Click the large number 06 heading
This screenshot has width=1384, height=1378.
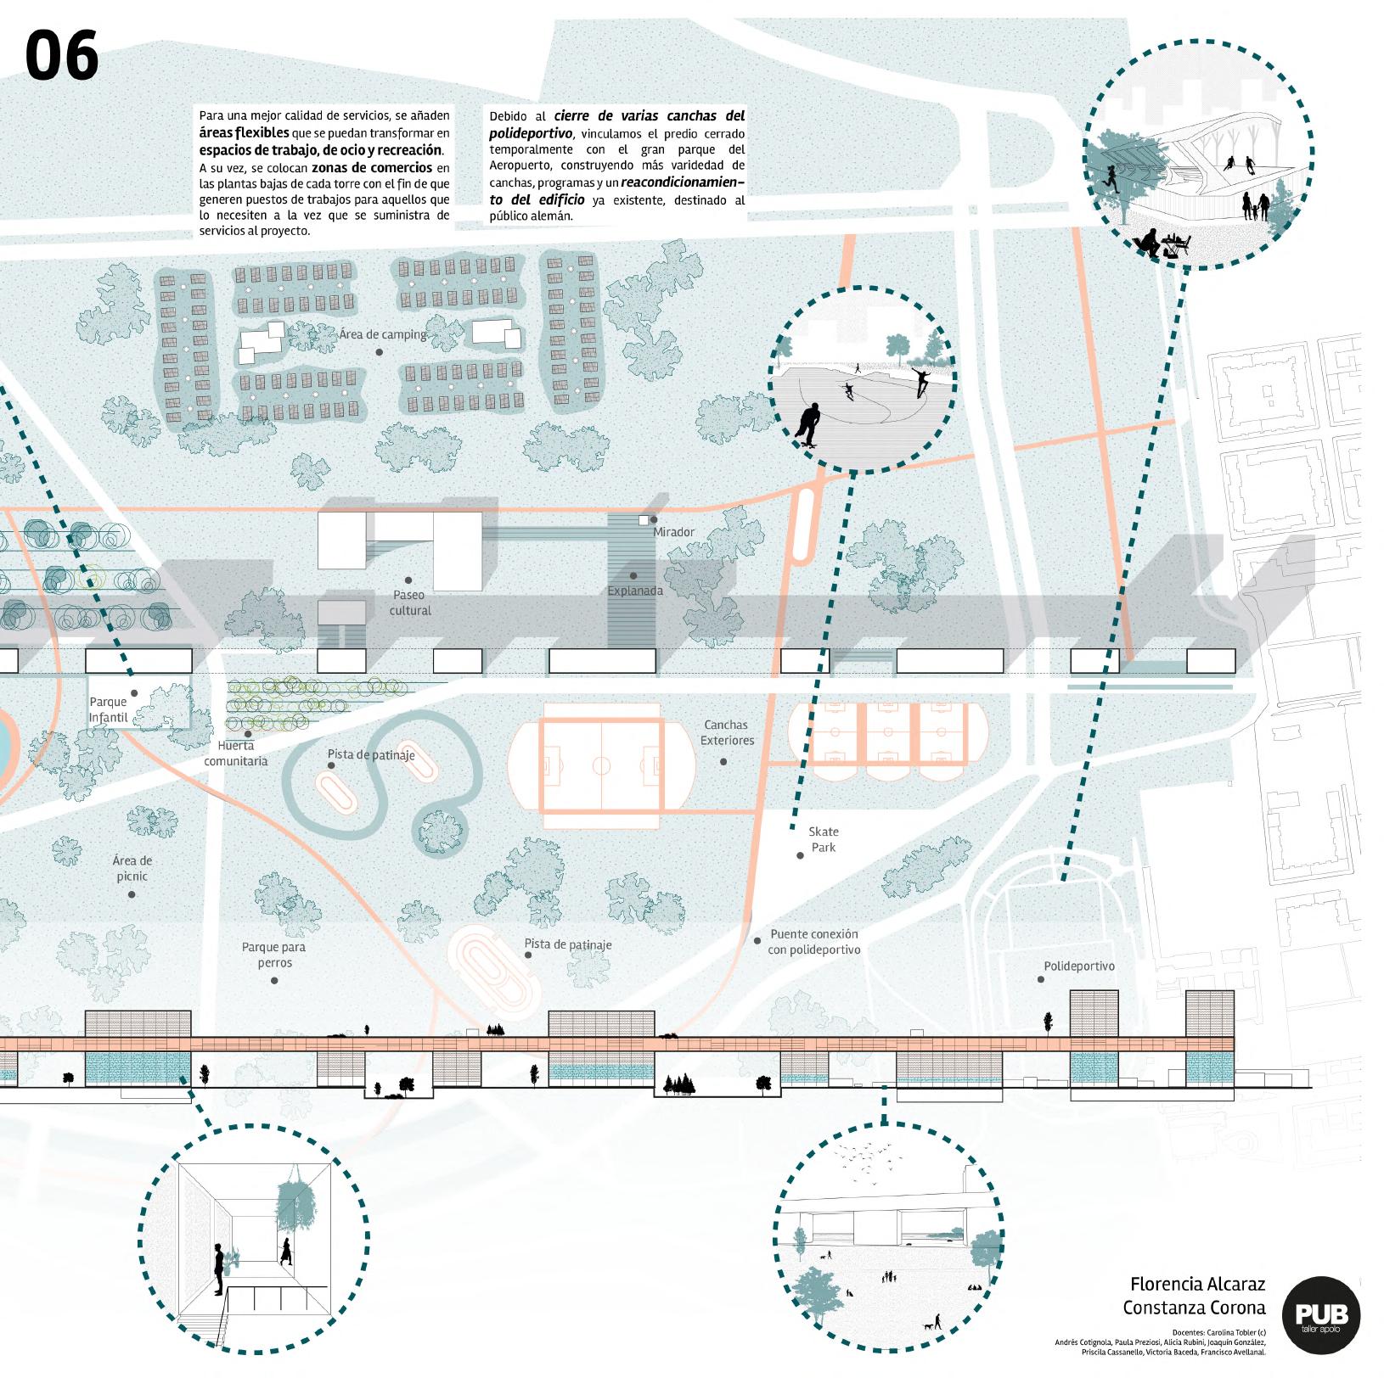coord(61,56)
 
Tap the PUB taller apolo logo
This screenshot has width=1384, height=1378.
coord(1320,1315)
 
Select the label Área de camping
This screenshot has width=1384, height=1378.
coord(383,334)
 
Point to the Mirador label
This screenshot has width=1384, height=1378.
coord(673,532)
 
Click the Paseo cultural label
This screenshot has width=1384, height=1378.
coord(410,602)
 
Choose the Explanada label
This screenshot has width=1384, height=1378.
coord(635,591)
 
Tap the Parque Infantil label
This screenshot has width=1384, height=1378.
coord(109,709)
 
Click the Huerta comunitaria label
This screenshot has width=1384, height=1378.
coord(236,753)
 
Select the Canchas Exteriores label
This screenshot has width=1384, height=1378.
coord(727,732)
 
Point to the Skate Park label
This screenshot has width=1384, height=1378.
coord(823,839)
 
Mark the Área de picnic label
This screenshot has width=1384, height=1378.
coord(132,868)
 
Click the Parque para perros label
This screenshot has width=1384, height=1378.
coord(273,955)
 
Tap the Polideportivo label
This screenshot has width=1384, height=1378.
coord(1079,966)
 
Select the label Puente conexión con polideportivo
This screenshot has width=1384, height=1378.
coord(814,942)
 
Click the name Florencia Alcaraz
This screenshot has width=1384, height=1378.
coord(1197,1284)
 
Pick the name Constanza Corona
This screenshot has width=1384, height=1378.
coord(1194,1308)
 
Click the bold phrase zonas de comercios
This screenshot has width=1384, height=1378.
coord(372,168)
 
